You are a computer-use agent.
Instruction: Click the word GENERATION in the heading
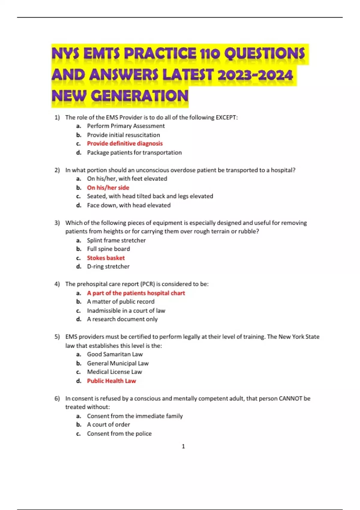[x=139, y=96]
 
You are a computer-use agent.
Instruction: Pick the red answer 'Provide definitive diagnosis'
[x=125, y=143]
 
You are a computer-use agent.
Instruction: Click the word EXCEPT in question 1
[x=226, y=117]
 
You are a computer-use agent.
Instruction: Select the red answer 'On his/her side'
[x=108, y=187]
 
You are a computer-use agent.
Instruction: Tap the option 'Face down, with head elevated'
[x=129, y=205]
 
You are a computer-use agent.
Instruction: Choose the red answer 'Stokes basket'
[x=106, y=258]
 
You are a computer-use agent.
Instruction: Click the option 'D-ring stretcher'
[x=108, y=266]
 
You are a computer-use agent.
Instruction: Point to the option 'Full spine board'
[x=108, y=249]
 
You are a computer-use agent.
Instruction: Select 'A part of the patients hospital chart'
[x=136, y=293]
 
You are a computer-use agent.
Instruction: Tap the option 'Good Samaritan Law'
[x=115, y=354]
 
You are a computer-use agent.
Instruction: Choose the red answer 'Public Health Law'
[x=111, y=381]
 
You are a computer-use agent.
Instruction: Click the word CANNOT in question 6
[x=290, y=398]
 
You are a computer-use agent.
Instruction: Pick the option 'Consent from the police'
[x=119, y=433]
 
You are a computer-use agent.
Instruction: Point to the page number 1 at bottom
[x=183, y=446]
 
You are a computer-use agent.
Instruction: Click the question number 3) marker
[x=57, y=223]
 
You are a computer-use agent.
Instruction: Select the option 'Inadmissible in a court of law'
[x=126, y=310]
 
